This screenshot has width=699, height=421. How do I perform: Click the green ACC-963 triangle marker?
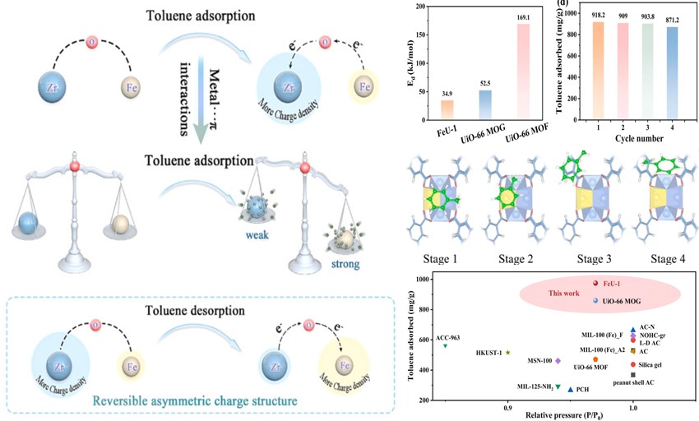446,345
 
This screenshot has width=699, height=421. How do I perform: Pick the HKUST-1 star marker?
508,353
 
